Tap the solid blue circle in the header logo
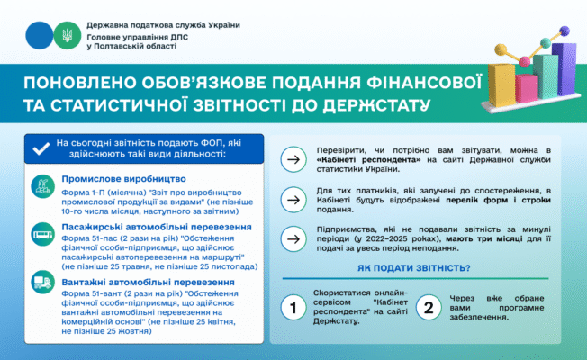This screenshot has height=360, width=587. (x=39, y=36)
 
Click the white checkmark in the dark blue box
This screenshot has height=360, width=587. (x=41, y=148)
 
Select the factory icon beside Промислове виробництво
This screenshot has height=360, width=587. (x=41, y=186)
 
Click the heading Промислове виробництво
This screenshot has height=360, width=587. (x=115, y=181)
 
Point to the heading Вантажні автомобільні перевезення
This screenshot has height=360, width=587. (x=150, y=283)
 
